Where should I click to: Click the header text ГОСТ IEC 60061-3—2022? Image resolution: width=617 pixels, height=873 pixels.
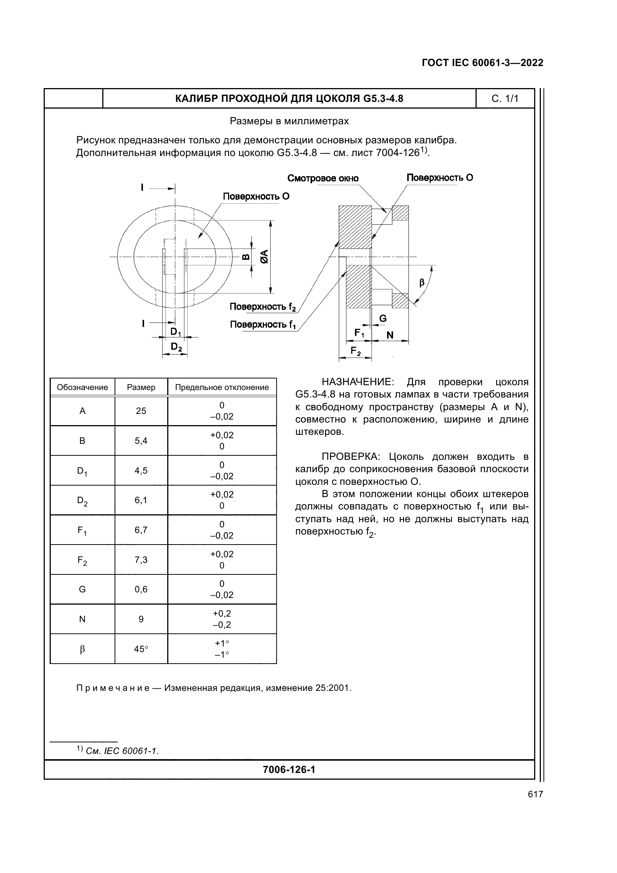click(x=482, y=63)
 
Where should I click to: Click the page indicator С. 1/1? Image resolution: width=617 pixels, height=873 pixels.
click(x=505, y=99)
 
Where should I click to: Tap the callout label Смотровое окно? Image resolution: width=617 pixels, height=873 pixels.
click(x=323, y=178)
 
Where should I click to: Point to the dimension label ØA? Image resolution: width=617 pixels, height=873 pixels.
click(x=265, y=257)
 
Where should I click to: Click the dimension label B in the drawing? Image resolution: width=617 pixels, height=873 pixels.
click(x=246, y=257)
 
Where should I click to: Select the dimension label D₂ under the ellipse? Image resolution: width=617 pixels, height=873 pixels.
click(x=176, y=347)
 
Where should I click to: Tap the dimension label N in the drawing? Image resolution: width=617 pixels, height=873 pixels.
click(x=390, y=335)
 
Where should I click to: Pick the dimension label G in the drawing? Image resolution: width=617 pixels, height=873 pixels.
click(x=383, y=319)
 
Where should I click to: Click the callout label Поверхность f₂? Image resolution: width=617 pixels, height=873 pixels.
click(x=262, y=307)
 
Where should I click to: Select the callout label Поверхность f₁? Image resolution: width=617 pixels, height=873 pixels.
click(x=263, y=325)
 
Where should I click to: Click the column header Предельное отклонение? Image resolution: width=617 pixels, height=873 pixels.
click(x=222, y=387)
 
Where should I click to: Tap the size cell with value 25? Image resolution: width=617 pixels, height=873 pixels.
click(x=141, y=411)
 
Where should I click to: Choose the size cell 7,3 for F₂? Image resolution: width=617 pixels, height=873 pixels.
click(x=141, y=560)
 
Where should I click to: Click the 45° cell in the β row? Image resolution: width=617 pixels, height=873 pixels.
click(x=141, y=649)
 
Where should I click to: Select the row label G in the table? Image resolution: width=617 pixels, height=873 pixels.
click(x=82, y=589)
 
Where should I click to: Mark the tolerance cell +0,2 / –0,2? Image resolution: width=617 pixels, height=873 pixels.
click(x=222, y=619)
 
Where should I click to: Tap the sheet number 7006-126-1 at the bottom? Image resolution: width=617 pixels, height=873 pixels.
click(x=289, y=770)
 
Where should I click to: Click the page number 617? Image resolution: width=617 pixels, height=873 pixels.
click(x=535, y=794)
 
